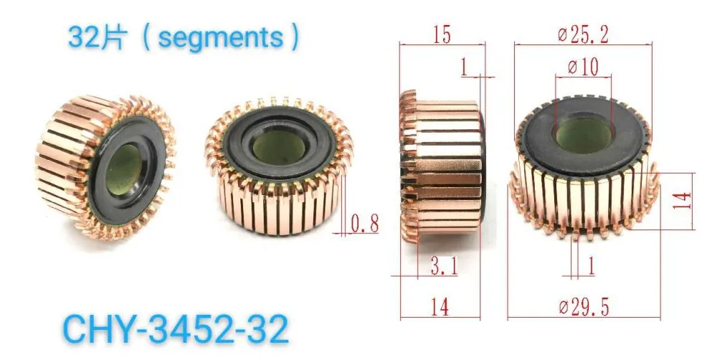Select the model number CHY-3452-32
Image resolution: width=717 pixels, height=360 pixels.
pyautogui.click(x=176, y=328)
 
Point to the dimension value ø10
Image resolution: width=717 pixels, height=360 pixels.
pyautogui.click(x=583, y=67)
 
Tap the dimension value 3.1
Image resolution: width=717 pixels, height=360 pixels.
pyautogui.click(x=444, y=267)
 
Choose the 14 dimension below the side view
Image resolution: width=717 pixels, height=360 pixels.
pyautogui.click(x=440, y=308)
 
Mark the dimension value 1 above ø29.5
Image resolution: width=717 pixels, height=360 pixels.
pyautogui.click(x=591, y=267)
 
